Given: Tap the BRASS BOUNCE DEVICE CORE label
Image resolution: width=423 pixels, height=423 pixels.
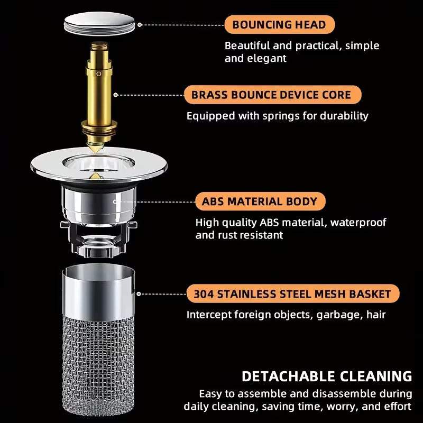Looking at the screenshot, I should click(x=273, y=95).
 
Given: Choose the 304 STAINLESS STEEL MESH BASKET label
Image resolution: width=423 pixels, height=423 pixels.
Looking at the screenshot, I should click(x=293, y=293).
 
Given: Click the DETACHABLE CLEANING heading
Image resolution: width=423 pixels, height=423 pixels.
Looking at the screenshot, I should click(x=326, y=376).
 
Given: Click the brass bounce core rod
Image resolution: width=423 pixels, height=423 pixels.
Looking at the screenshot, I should click(x=99, y=85).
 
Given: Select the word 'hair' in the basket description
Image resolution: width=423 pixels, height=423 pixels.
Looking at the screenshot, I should click(x=375, y=315).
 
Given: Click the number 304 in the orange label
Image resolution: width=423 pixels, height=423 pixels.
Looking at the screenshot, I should click(x=204, y=293).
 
